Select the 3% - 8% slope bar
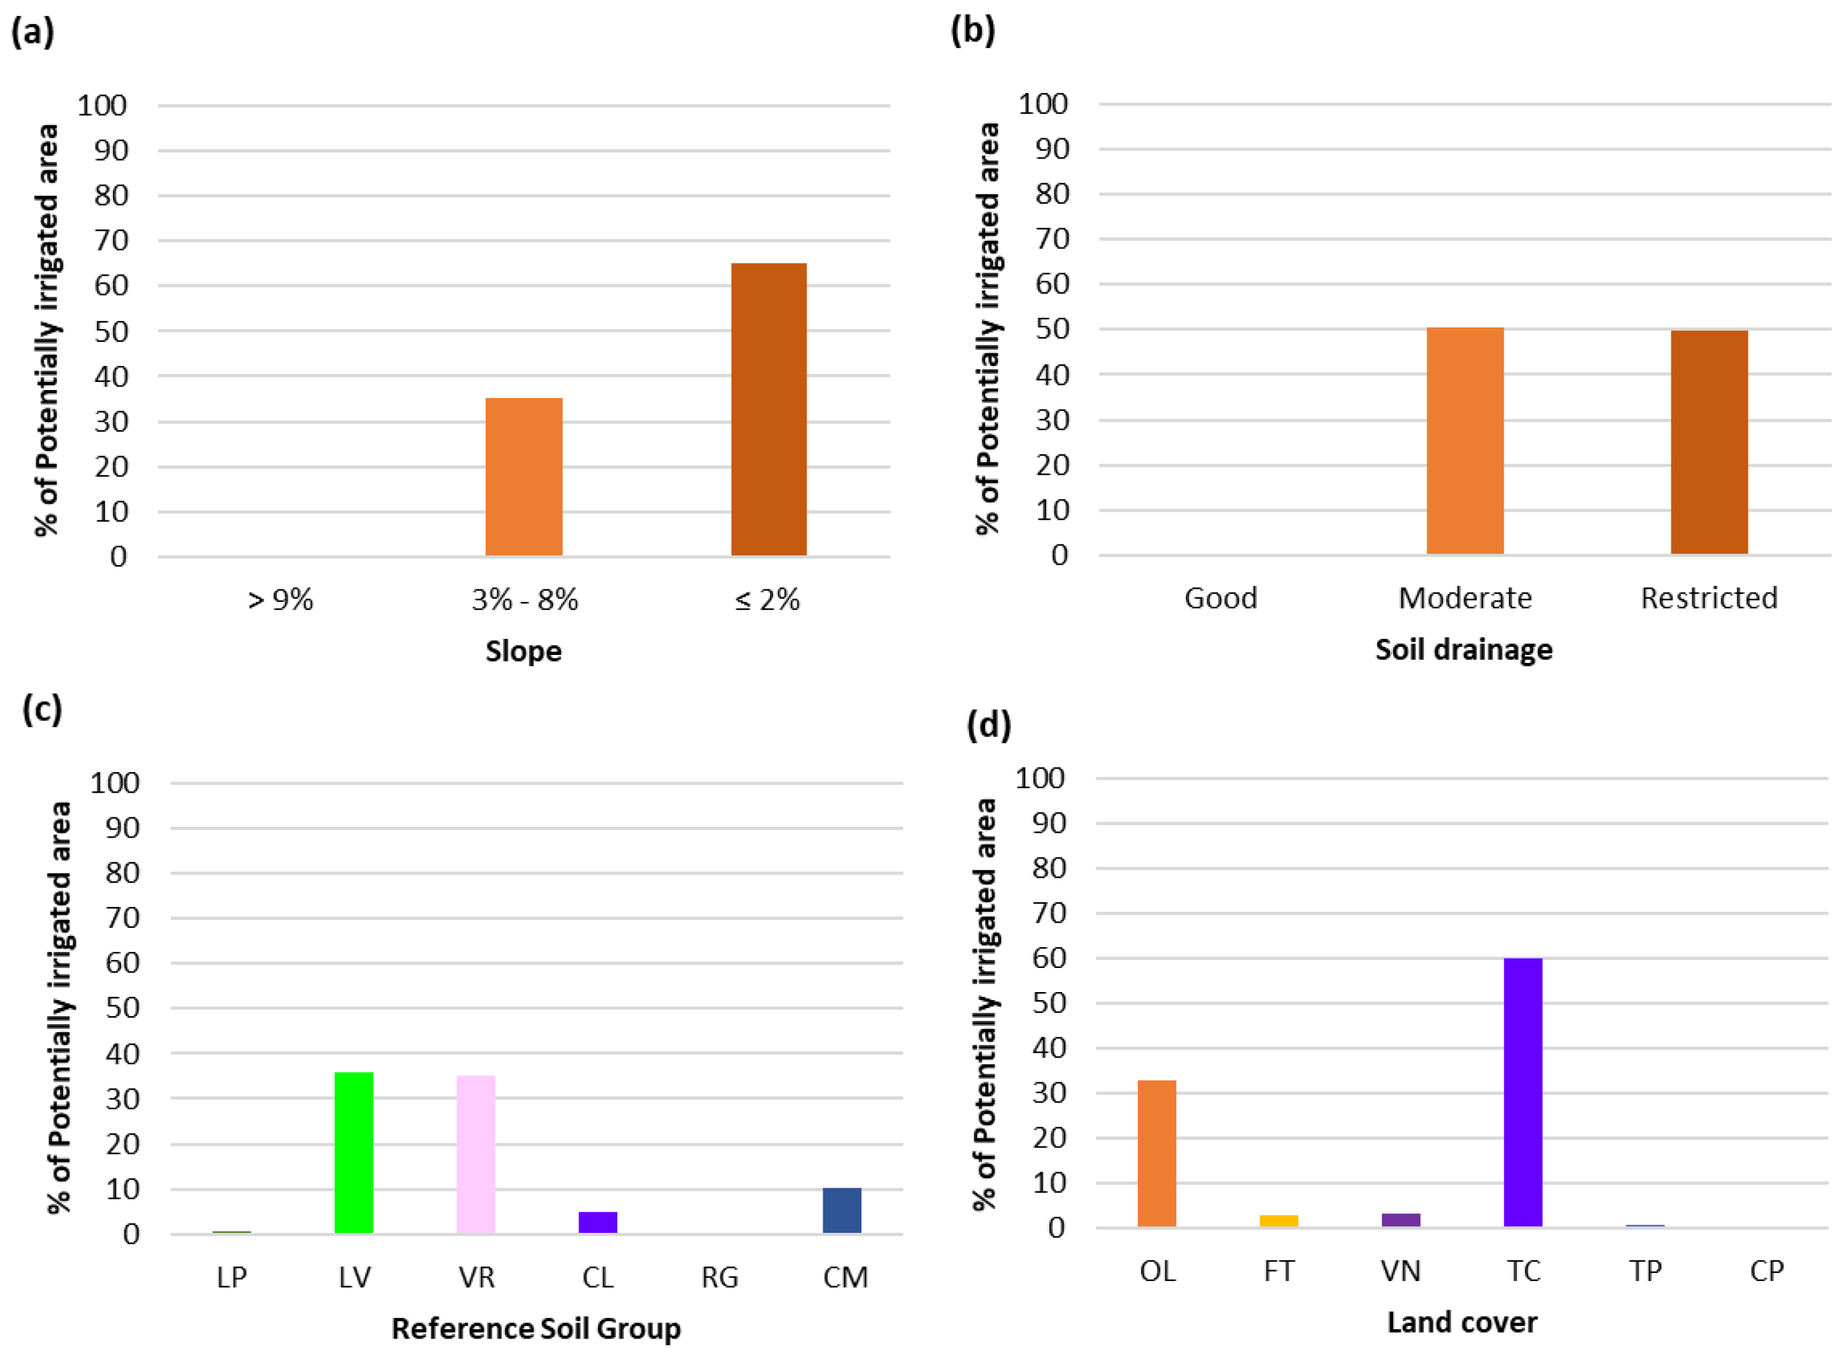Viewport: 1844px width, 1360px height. click(x=524, y=477)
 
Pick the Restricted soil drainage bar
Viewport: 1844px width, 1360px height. click(x=1708, y=442)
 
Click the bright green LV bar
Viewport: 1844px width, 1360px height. click(x=354, y=1152)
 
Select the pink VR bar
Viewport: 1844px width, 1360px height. click(x=476, y=1153)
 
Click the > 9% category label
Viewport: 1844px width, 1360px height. click(x=280, y=599)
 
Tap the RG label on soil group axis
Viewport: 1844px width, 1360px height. click(x=720, y=1277)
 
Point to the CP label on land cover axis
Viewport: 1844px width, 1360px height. click(x=1766, y=1271)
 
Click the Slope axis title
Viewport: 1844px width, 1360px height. click(x=523, y=650)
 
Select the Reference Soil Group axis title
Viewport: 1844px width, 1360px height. click(x=536, y=1328)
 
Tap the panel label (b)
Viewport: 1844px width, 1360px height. click(x=972, y=31)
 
